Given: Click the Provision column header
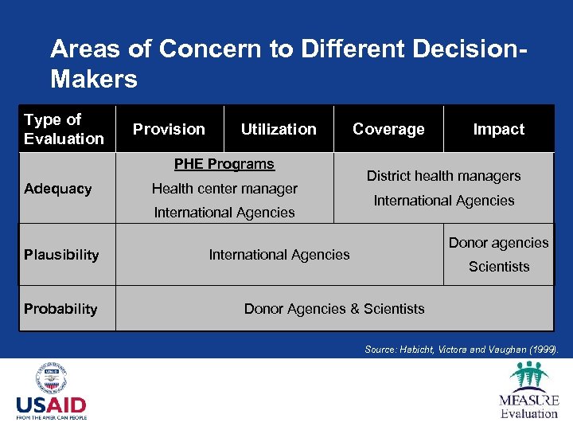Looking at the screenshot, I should pyautogui.click(x=169, y=129).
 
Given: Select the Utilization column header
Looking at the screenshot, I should pyautogui.click(x=279, y=129).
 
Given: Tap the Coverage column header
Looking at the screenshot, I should pyautogui.click(x=388, y=129).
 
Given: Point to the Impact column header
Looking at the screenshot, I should pyautogui.click(x=499, y=129).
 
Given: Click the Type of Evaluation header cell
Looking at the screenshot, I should pyautogui.click(x=64, y=129).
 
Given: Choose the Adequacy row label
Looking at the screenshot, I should pyautogui.click(x=57, y=189).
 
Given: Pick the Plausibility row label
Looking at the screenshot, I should pyautogui.click(x=61, y=255).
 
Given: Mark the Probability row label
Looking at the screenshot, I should pyautogui.click(x=60, y=309).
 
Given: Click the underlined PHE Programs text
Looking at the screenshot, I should pyautogui.click(x=224, y=164).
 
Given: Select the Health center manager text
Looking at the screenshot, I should pyautogui.click(x=224, y=189).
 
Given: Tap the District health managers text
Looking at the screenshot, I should pyautogui.click(x=443, y=176).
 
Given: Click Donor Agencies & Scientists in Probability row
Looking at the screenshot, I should pyautogui.click(x=334, y=309).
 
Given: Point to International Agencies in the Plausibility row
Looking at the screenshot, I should pyautogui.click(x=279, y=255).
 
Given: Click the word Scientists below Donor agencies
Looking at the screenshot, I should pyautogui.click(x=499, y=267).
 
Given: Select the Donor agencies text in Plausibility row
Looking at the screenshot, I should pyautogui.click(x=499, y=243).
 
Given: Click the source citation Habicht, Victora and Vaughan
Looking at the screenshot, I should pyautogui.click(x=462, y=349).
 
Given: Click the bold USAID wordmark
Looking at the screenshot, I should pyautogui.click(x=51, y=405).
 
